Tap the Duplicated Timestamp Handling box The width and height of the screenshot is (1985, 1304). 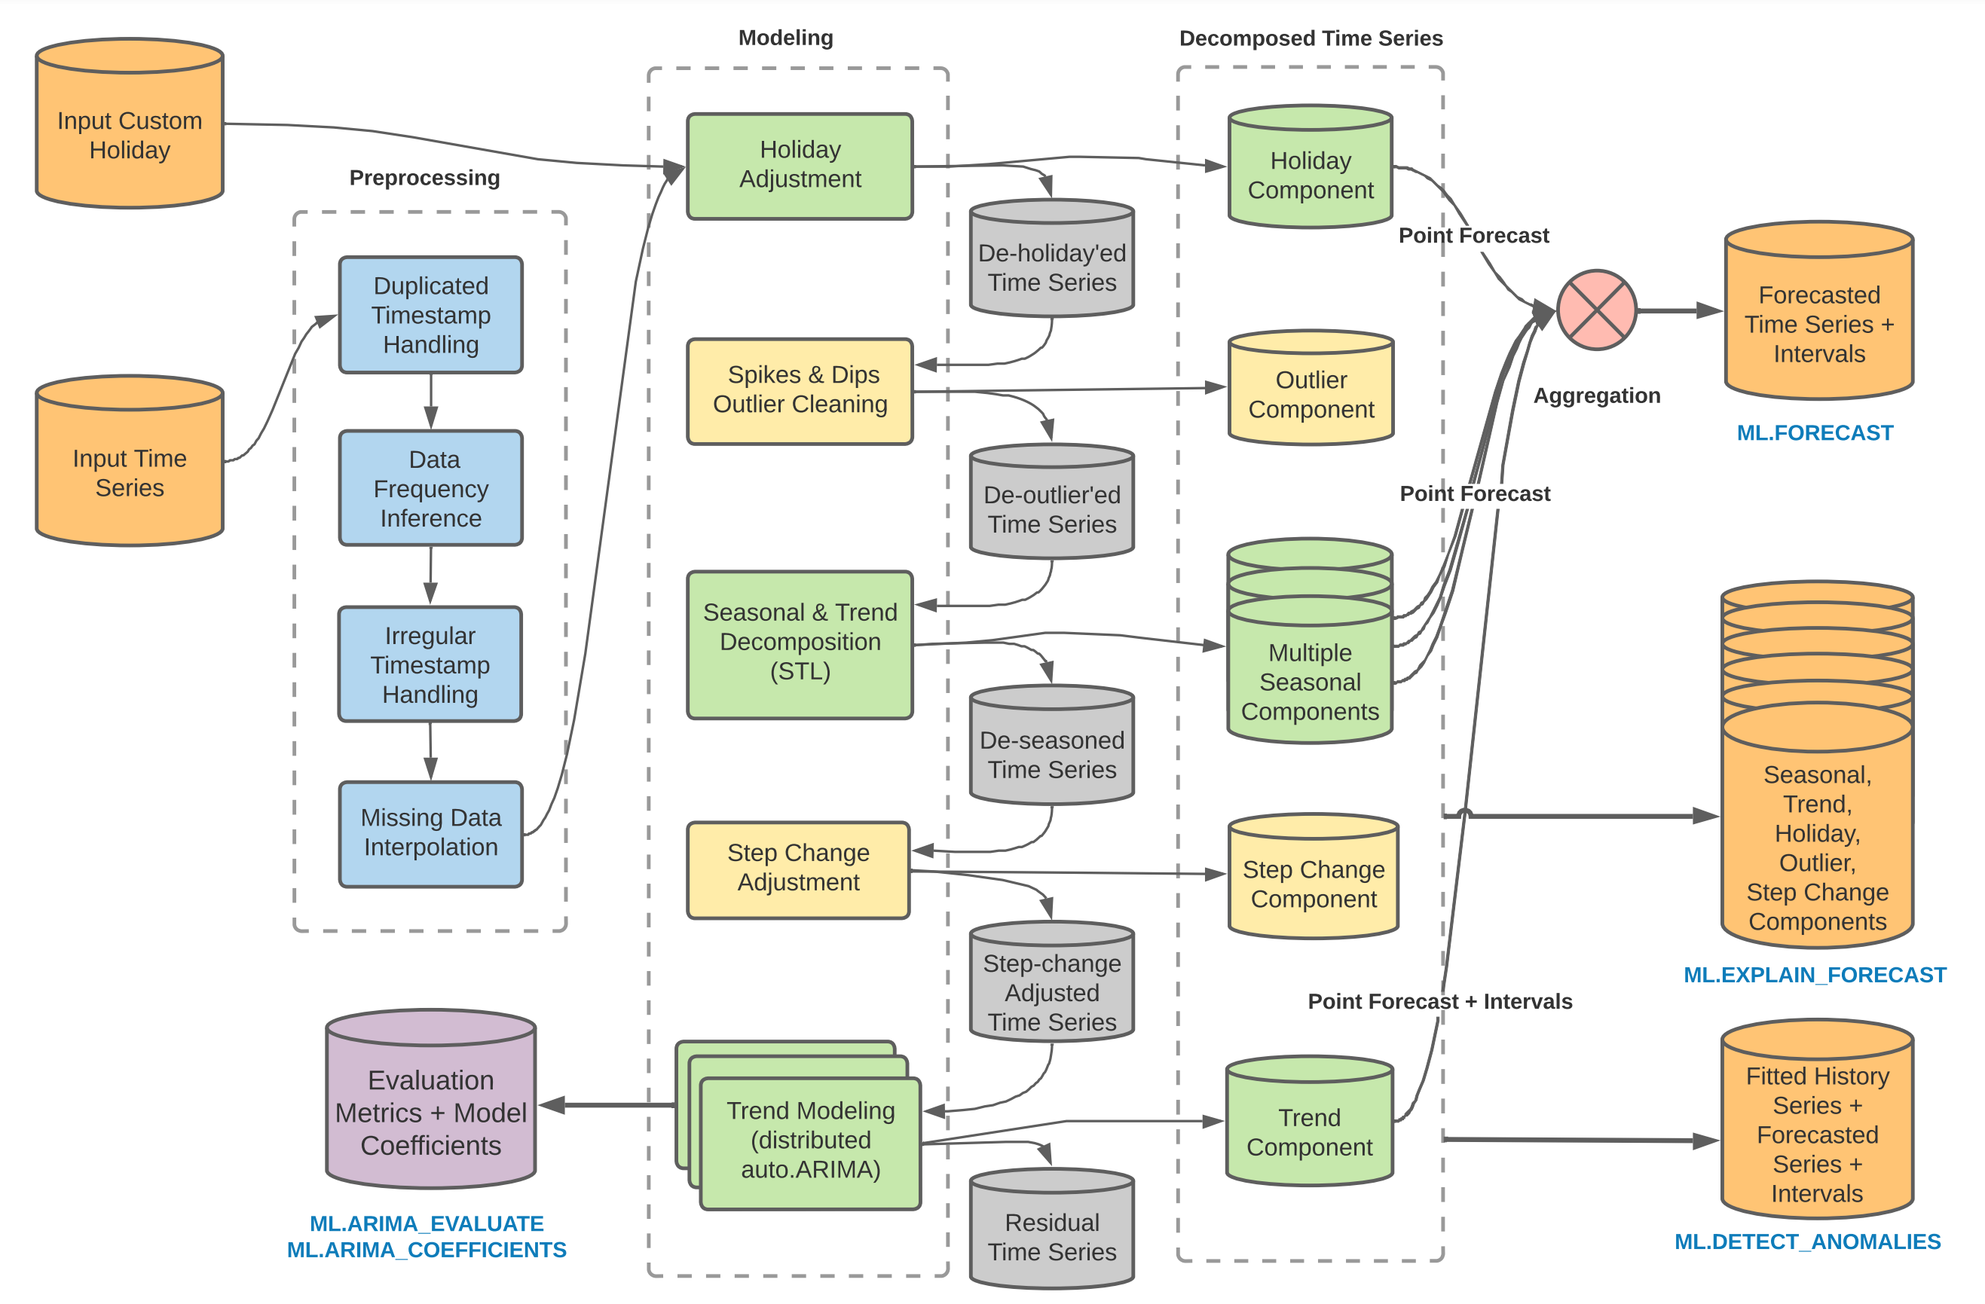430,315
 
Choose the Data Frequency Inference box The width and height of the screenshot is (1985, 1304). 430,489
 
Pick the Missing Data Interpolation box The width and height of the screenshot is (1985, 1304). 430,833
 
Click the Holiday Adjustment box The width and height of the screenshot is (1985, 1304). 800,165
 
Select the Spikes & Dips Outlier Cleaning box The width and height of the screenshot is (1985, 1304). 800,390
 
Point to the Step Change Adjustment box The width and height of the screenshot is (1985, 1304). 798,869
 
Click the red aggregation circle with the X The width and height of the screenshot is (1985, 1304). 1596,310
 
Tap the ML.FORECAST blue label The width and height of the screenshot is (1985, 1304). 1815,432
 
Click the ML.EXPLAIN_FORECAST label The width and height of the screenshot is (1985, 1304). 1815,975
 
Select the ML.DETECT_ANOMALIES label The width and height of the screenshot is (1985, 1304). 1807,1241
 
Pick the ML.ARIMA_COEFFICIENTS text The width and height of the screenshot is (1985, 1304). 427,1250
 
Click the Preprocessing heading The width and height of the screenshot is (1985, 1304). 424,178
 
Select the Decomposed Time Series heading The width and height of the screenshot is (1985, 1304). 1311,38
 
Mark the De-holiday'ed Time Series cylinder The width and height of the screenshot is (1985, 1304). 1052,261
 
